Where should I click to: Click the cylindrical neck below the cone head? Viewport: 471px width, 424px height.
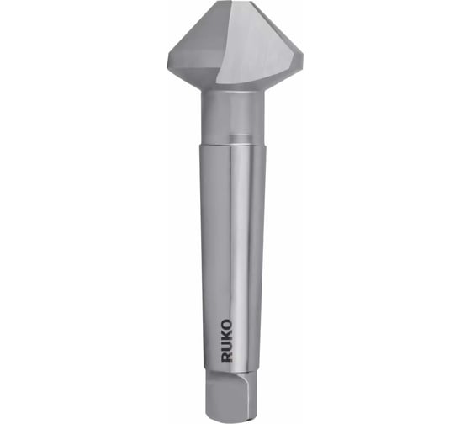tap(233, 117)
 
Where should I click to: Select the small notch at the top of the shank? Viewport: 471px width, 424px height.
tap(240, 138)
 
